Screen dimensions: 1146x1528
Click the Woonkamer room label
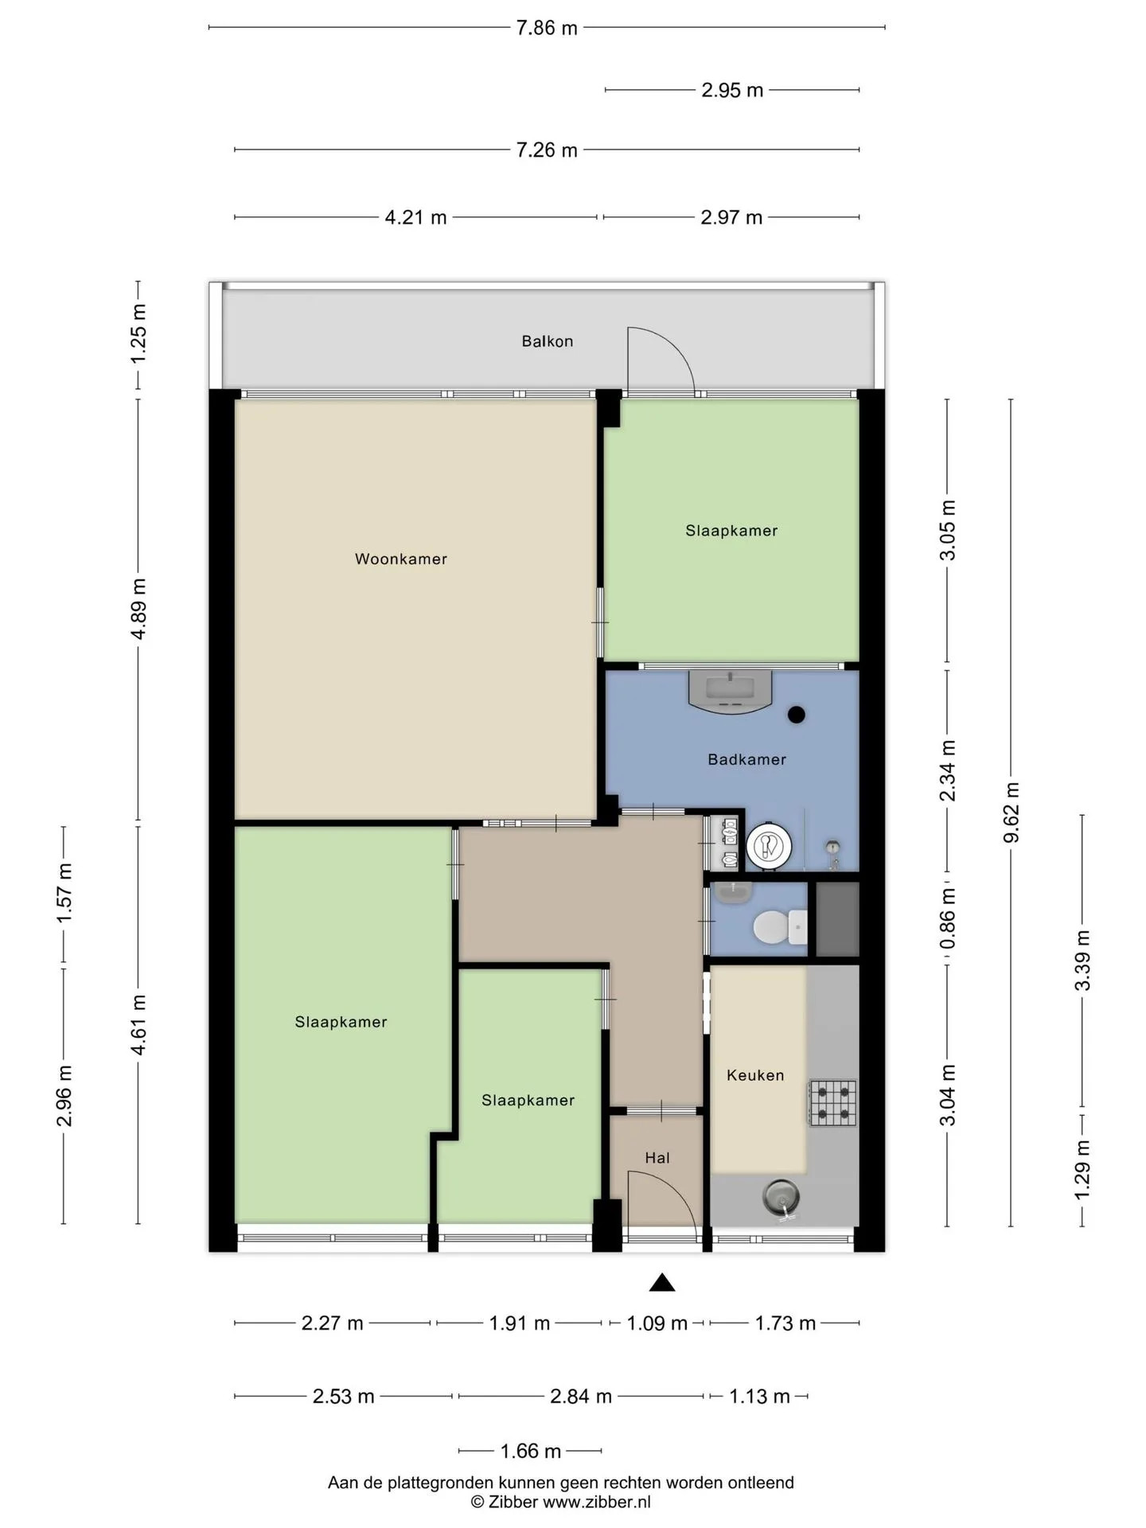point(401,559)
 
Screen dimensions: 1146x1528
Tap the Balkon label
point(548,341)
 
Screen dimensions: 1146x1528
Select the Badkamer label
point(746,759)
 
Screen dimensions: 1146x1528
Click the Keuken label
point(755,1075)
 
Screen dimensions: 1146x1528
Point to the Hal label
point(657,1158)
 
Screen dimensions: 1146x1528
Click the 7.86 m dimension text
point(547,28)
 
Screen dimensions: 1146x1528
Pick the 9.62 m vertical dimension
point(1012,812)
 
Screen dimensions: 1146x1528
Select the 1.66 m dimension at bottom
point(531,1451)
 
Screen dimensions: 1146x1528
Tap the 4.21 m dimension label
point(415,217)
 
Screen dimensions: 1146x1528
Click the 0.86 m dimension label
point(947,918)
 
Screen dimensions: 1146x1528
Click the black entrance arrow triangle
point(662,1282)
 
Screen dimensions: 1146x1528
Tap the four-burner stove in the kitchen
point(833,1102)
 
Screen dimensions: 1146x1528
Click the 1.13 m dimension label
point(759,1397)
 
